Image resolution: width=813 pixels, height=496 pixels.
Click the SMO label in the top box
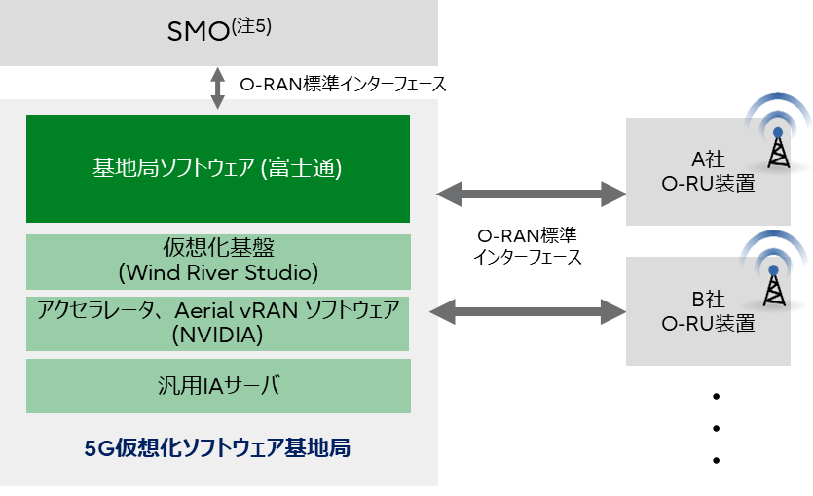pyautogui.click(x=199, y=33)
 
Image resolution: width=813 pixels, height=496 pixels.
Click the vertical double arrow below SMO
pyautogui.click(x=219, y=89)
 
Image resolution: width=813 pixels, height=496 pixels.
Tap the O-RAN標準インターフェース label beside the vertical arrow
pyautogui.click(x=343, y=85)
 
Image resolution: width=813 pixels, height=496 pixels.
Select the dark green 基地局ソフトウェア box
pyautogui.click(x=218, y=168)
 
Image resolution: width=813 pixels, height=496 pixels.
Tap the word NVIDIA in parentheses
pyautogui.click(x=218, y=336)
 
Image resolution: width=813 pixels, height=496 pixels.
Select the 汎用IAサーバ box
pyautogui.click(x=218, y=386)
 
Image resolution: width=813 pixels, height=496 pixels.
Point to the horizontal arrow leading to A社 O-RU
pyautogui.click(x=531, y=195)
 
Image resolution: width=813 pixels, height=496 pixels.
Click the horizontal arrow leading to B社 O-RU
pyautogui.click(x=531, y=311)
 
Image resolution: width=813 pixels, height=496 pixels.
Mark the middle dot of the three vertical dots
pyautogui.click(x=716, y=428)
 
